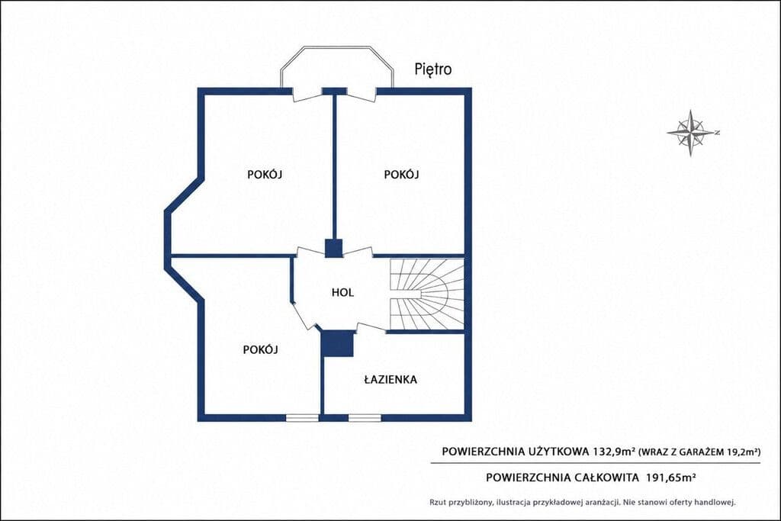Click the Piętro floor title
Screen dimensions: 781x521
pyautogui.click(x=433, y=69)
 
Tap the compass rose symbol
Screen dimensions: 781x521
pyautogui.click(x=691, y=133)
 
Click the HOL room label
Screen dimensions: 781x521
pyautogui.click(x=342, y=292)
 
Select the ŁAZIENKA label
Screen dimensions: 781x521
pyautogui.click(x=390, y=380)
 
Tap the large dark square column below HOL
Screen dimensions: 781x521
pyautogui.click(x=337, y=344)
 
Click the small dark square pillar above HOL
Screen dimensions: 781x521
pyautogui.click(x=333, y=249)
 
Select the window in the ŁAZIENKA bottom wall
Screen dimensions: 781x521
pyautogui.click(x=364, y=418)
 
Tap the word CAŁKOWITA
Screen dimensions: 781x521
pyautogui.click(x=606, y=478)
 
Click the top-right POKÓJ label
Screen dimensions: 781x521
pyautogui.click(x=401, y=175)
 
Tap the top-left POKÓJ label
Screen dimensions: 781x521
pyautogui.click(x=265, y=175)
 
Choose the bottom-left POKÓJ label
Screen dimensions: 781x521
pyautogui.click(x=261, y=349)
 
